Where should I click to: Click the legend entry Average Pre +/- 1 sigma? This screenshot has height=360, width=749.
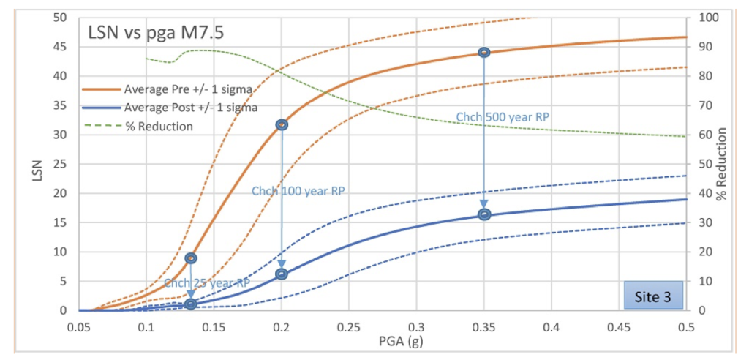click(x=188, y=89)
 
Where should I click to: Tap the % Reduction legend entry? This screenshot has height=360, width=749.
click(x=158, y=126)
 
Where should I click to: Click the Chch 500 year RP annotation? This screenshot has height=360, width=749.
click(x=503, y=117)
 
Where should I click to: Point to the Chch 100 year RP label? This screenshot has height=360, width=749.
click(x=298, y=191)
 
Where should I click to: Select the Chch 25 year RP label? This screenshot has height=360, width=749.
click(x=207, y=283)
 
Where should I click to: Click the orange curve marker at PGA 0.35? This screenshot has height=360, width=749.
click(x=483, y=53)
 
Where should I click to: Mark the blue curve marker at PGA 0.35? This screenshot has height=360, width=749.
click(x=483, y=214)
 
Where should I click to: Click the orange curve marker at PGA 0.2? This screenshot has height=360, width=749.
click(x=282, y=125)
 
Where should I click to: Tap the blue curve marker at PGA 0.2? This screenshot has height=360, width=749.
click(x=282, y=274)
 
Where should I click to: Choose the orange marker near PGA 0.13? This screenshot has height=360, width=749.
click(x=191, y=258)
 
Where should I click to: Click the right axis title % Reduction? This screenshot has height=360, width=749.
click(x=723, y=164)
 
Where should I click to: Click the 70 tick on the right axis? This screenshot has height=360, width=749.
click(x=707, y=105)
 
